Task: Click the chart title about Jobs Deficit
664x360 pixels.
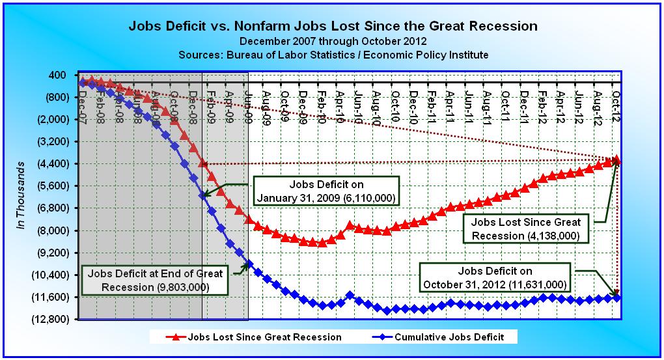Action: [x=333, y=27]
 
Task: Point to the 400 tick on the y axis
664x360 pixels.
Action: [x=57, y=76]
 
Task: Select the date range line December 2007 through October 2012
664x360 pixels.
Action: [x=333, y=41]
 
